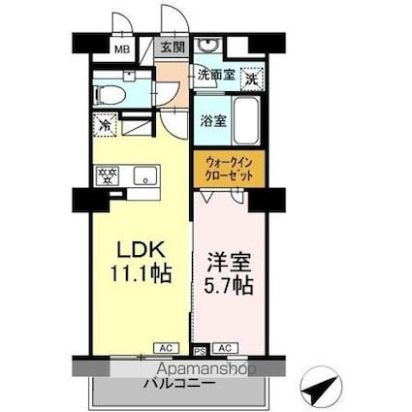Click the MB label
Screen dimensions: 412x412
coord(123,48)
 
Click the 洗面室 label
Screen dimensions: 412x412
coord(216,74)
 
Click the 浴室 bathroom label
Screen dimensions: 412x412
coord(213,122)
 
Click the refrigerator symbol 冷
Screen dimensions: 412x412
coord(105,124)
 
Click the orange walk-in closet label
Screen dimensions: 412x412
coord(228,171)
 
